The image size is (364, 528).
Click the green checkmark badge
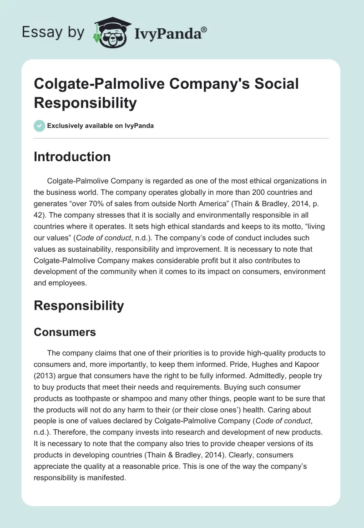pos(40,126)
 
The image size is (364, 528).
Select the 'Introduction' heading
pos(72,157)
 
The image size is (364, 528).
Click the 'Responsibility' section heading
pos(79,305)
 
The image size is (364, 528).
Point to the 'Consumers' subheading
pos(65,332)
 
